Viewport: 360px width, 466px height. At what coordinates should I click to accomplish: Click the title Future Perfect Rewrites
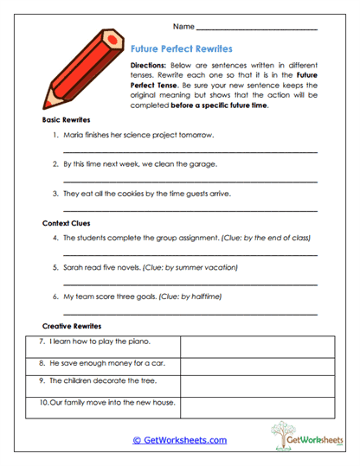point(180,50)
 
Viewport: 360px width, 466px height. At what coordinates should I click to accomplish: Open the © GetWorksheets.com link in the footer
point(179,440)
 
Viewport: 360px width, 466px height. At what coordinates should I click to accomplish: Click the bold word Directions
point(148,66)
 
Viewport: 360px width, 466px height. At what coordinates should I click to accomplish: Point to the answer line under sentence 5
point(190,284)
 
